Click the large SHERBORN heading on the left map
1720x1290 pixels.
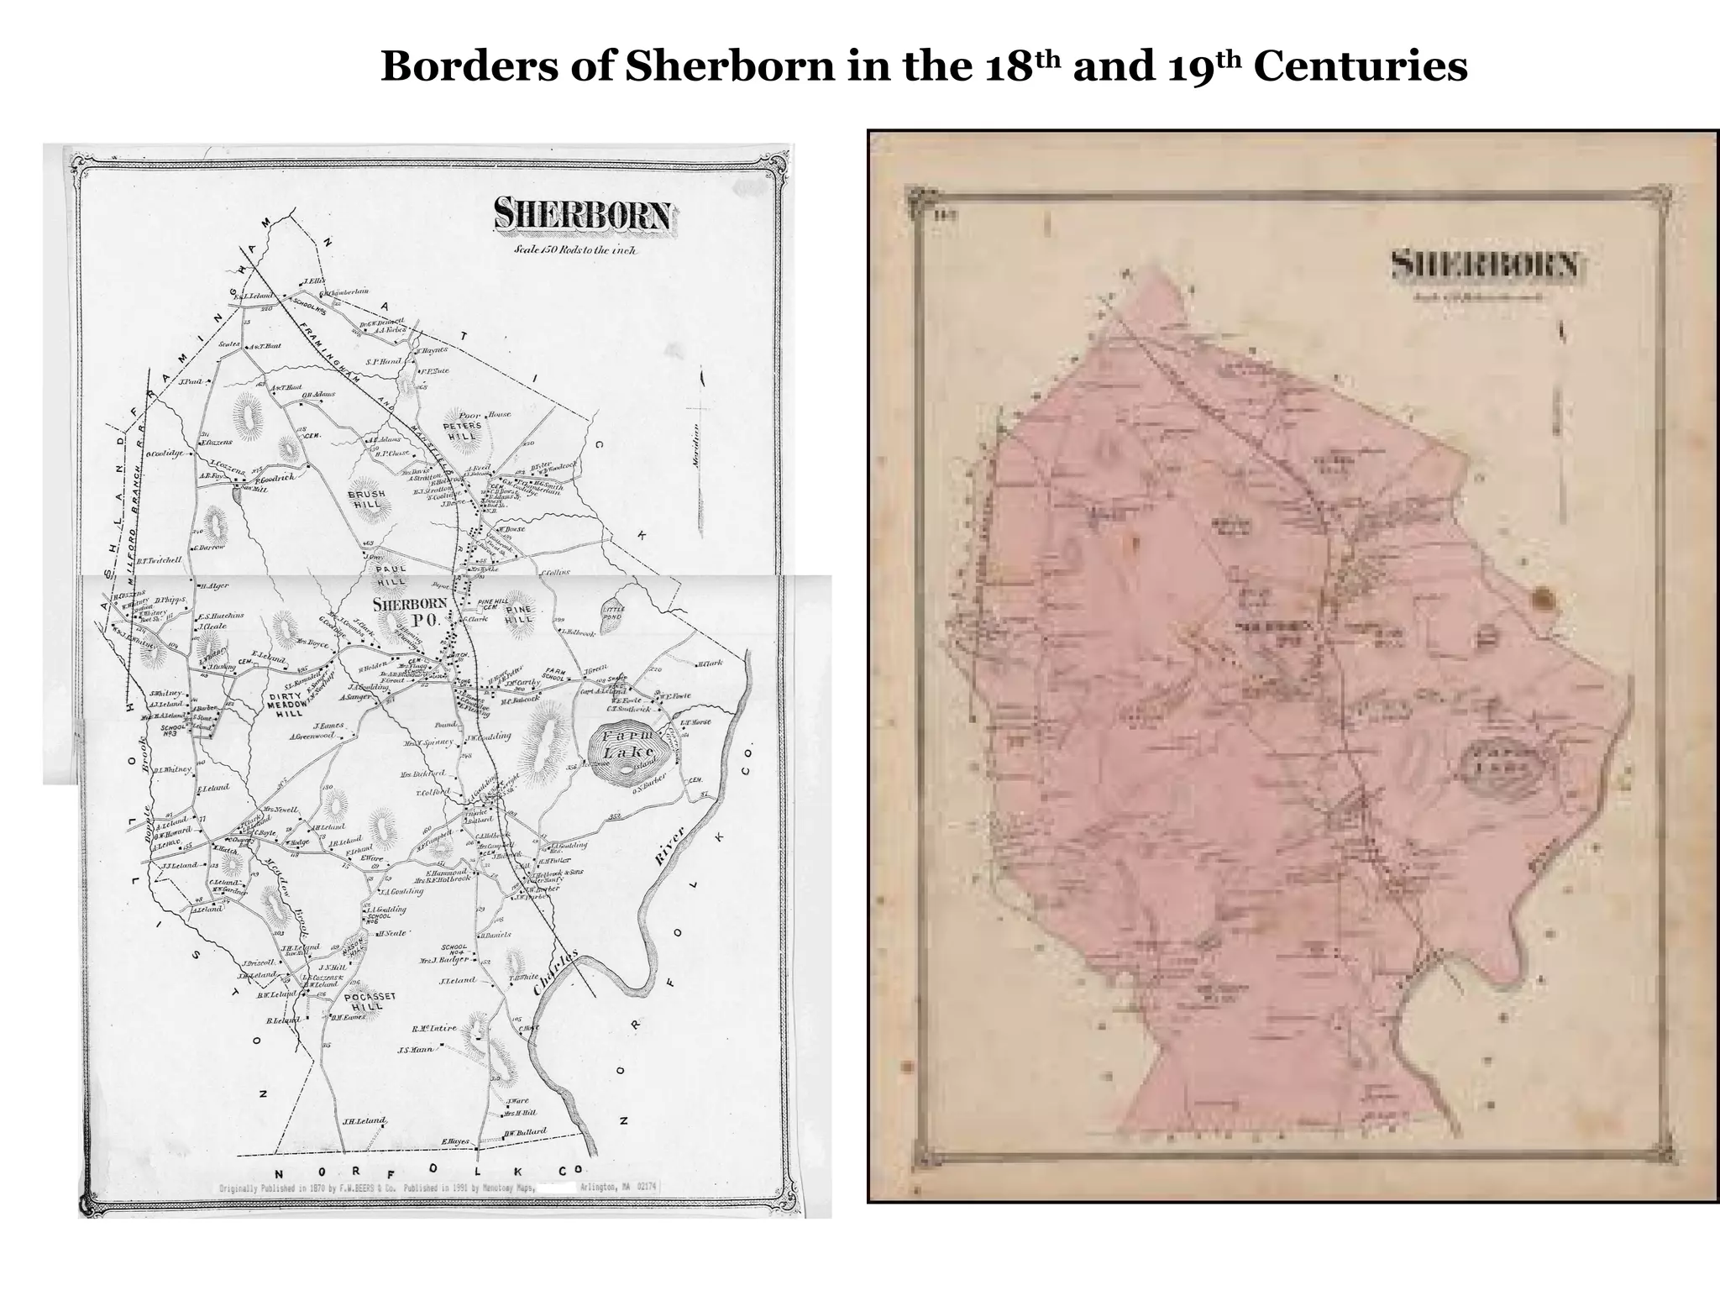583,215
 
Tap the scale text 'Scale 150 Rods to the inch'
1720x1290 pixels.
574,250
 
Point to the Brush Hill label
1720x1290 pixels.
366,500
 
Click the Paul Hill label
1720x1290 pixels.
391,574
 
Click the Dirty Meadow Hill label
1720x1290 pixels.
283,705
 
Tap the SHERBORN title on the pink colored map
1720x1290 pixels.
1484,265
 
